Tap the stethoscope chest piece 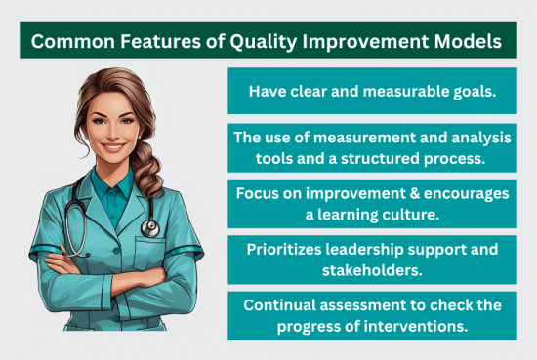point(150,227)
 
